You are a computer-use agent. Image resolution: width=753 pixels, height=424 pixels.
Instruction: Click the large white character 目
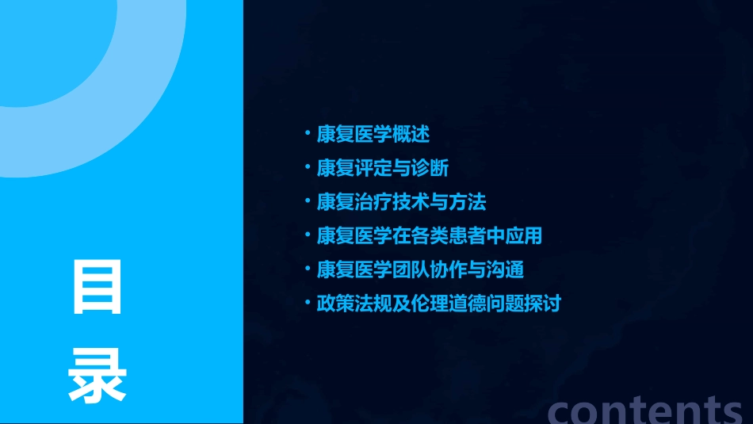[x=97, y=286]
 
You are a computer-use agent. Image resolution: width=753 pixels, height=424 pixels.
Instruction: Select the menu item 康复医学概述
[x=373, y=134]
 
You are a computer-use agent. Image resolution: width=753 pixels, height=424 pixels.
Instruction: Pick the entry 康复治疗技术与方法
[x=401, y=202]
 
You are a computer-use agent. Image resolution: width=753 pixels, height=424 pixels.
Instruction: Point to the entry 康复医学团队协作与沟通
[x=420, y=269]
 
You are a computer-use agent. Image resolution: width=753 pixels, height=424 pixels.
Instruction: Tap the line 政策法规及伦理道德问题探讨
[x=438, y=304]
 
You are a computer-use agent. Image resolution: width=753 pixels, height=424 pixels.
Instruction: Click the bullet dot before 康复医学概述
[x=308, y=134]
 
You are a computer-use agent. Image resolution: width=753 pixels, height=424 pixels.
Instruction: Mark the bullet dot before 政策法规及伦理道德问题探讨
[x=308, y=304]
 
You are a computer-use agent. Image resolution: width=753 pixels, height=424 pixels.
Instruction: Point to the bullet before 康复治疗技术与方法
[x=308, y=202]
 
